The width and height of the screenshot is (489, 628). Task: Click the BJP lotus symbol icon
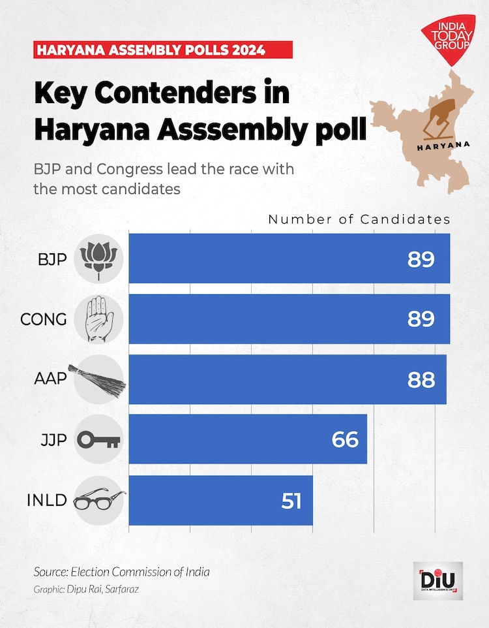click(98, 259)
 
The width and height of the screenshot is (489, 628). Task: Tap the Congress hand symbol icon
click(98, 319)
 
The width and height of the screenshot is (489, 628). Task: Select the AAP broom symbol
click(98, 379)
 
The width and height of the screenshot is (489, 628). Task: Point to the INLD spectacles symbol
click(99, 501)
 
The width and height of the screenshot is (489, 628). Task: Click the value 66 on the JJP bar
click(345, 439)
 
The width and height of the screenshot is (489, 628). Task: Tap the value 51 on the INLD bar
click(291, 500)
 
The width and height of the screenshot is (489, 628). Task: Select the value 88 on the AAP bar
click(421, 379)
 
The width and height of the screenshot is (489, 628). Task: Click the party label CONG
click(44, 319)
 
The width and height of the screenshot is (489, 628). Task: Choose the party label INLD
click(47, 501)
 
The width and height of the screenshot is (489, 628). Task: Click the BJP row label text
click(52, 259)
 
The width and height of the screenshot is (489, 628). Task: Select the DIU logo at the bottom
click(438, 579)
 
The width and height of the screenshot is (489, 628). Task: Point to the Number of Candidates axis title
click(359, 220)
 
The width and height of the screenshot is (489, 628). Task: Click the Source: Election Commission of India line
click(122, 572)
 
